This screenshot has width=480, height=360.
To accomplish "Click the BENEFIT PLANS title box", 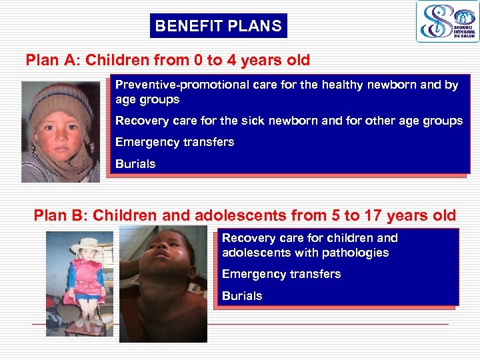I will pos(218,27).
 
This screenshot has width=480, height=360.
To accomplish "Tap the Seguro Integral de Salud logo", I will pos(447,22).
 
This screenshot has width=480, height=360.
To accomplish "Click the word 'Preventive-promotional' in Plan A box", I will pos(175,85).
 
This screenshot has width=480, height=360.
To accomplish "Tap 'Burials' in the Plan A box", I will pos(135,164).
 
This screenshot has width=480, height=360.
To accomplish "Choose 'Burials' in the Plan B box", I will pos(242,296).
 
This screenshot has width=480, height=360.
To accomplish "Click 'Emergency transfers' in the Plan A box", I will pos(175,142).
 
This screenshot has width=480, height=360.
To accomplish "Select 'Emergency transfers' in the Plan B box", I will pos(281,274).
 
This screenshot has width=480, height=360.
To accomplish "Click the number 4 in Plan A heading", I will pos(233,61).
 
